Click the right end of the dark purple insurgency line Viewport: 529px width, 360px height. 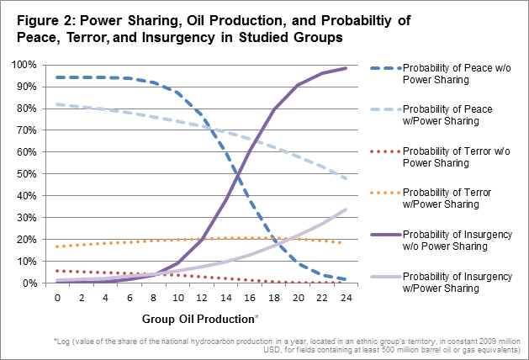pos(346,68)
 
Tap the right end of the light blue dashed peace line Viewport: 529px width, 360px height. pos(346,178)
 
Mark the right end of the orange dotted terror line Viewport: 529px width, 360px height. pos(341,242)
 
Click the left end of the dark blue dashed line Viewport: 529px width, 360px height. pos(57,77)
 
